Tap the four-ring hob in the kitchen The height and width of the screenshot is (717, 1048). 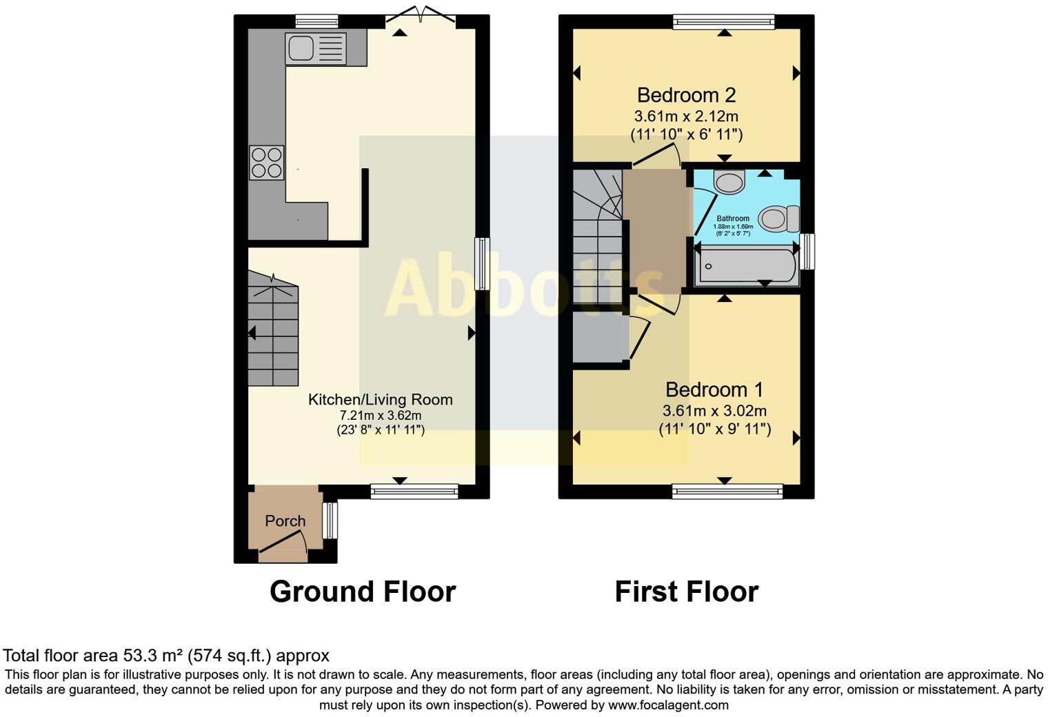coord(266,163)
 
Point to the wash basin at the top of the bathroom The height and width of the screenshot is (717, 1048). coord(729,182)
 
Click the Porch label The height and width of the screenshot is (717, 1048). coord(285,521)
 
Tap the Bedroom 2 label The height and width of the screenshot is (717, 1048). coord(686,94)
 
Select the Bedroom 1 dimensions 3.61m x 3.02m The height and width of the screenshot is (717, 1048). coord(714,411)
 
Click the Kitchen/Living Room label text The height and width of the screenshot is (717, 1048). coord(380,399)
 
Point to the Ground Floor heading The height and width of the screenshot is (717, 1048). coord(363,592)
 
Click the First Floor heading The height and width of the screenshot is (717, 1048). coord(686,592)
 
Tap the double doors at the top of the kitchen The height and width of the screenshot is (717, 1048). coord(420,15)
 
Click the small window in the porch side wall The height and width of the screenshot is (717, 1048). coord(331,521)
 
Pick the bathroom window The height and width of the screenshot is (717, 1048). coord(807,252)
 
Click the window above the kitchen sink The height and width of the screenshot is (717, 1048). coord(316,21)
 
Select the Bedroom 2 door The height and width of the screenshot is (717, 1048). coord(657,156)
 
